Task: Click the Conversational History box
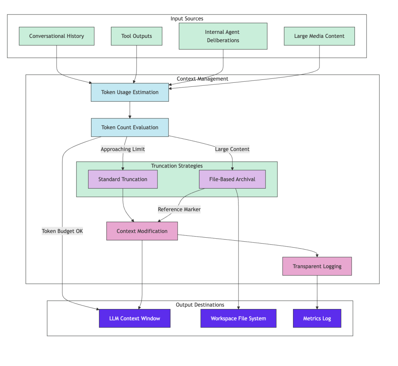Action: click(x=56, y=36)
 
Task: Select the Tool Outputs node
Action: click(x=136, y=36)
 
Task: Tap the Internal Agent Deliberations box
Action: click(x=223, y=36)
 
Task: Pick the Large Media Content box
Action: click(x=319, y=36)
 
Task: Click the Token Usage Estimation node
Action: click(x=130, y=92)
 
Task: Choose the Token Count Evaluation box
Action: click(x=130, y=127)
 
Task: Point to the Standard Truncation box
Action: click(x=123, y=179)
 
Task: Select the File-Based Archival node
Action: click(x=232, y=179)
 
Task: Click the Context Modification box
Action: click(x=142, y=231)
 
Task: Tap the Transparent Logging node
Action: click(x=317, y=266)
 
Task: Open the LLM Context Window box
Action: click(x=135, y=318)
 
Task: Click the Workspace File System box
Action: click(x=238, y=318)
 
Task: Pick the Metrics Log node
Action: click(x=317, y=318)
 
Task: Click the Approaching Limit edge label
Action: click(x=123, y=149)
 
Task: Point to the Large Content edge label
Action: click(x=232, y=149)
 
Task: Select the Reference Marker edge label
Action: click(x=179, y=209)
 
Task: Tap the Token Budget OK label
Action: click(x=62, y=231)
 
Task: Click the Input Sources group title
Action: click(x=187, y=18)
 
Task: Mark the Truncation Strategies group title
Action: click(x=177, y=166)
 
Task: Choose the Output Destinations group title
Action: click(x=200, y=305)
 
